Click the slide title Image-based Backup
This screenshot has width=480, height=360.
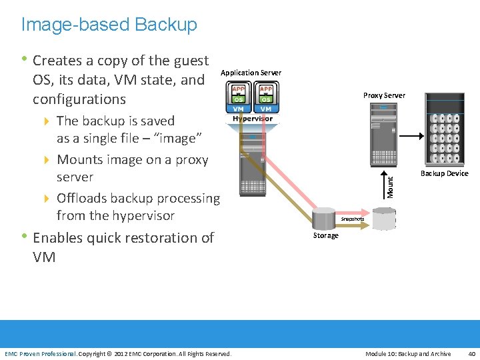[109, 25]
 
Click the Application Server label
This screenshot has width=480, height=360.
[251, 73]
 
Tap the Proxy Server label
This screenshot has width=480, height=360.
[384, 95]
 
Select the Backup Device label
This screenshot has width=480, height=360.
[444, 173]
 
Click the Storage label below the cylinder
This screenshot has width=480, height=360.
[325, 235]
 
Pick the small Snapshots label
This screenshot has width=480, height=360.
[353, 219]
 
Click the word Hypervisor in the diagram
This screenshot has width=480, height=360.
[253, 119]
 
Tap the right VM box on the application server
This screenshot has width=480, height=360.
[266, 108]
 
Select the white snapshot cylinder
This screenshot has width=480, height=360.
[384, 218]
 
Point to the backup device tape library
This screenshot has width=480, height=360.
[445, 130]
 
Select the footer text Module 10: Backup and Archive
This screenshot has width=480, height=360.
[408, 353]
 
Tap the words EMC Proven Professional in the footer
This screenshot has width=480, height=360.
[40, 353]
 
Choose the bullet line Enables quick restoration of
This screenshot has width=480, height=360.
[123, 238]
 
